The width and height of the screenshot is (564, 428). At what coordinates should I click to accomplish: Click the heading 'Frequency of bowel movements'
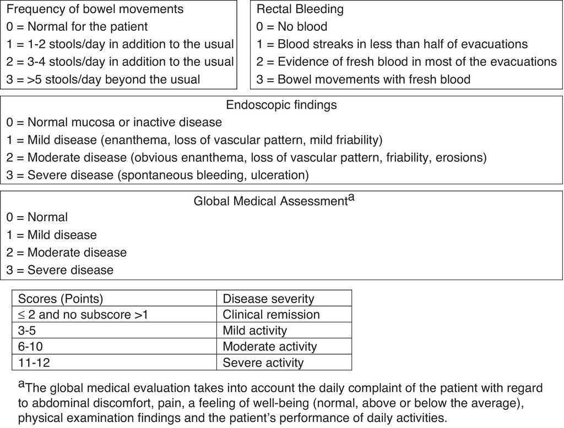pos(95,9)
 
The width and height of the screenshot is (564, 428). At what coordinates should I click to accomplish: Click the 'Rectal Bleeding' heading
pos(300,9)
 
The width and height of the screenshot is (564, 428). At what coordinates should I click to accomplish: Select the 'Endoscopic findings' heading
pos(281,105)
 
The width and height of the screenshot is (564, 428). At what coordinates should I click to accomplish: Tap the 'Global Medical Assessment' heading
pos(270,201)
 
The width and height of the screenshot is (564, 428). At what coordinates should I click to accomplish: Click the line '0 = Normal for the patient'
pos(77,26)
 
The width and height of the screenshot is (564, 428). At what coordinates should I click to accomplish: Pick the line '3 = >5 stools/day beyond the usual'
pos(103,79)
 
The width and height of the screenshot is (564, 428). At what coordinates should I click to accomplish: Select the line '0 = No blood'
pos(292,26)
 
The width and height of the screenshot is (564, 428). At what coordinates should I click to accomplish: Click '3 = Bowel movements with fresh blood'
pos(364,79)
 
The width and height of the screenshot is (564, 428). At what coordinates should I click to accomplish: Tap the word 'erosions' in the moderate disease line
pos(460,158)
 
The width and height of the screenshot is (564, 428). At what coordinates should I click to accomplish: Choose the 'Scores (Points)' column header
pos(61,299)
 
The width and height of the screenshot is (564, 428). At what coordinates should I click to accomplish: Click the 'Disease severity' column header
pos(268,299)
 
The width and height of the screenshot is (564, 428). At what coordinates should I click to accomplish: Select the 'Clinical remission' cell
pos(271,315)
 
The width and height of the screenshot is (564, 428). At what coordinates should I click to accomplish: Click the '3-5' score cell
pos(29,331)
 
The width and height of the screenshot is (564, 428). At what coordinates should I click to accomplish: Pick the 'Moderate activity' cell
pos(270,347)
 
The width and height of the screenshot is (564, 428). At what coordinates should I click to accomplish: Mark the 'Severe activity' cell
pos(263,363)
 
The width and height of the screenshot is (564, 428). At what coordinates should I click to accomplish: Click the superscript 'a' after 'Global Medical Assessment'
pos(351,197)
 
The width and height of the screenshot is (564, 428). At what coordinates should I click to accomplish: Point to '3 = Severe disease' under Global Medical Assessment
pos(60,270)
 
